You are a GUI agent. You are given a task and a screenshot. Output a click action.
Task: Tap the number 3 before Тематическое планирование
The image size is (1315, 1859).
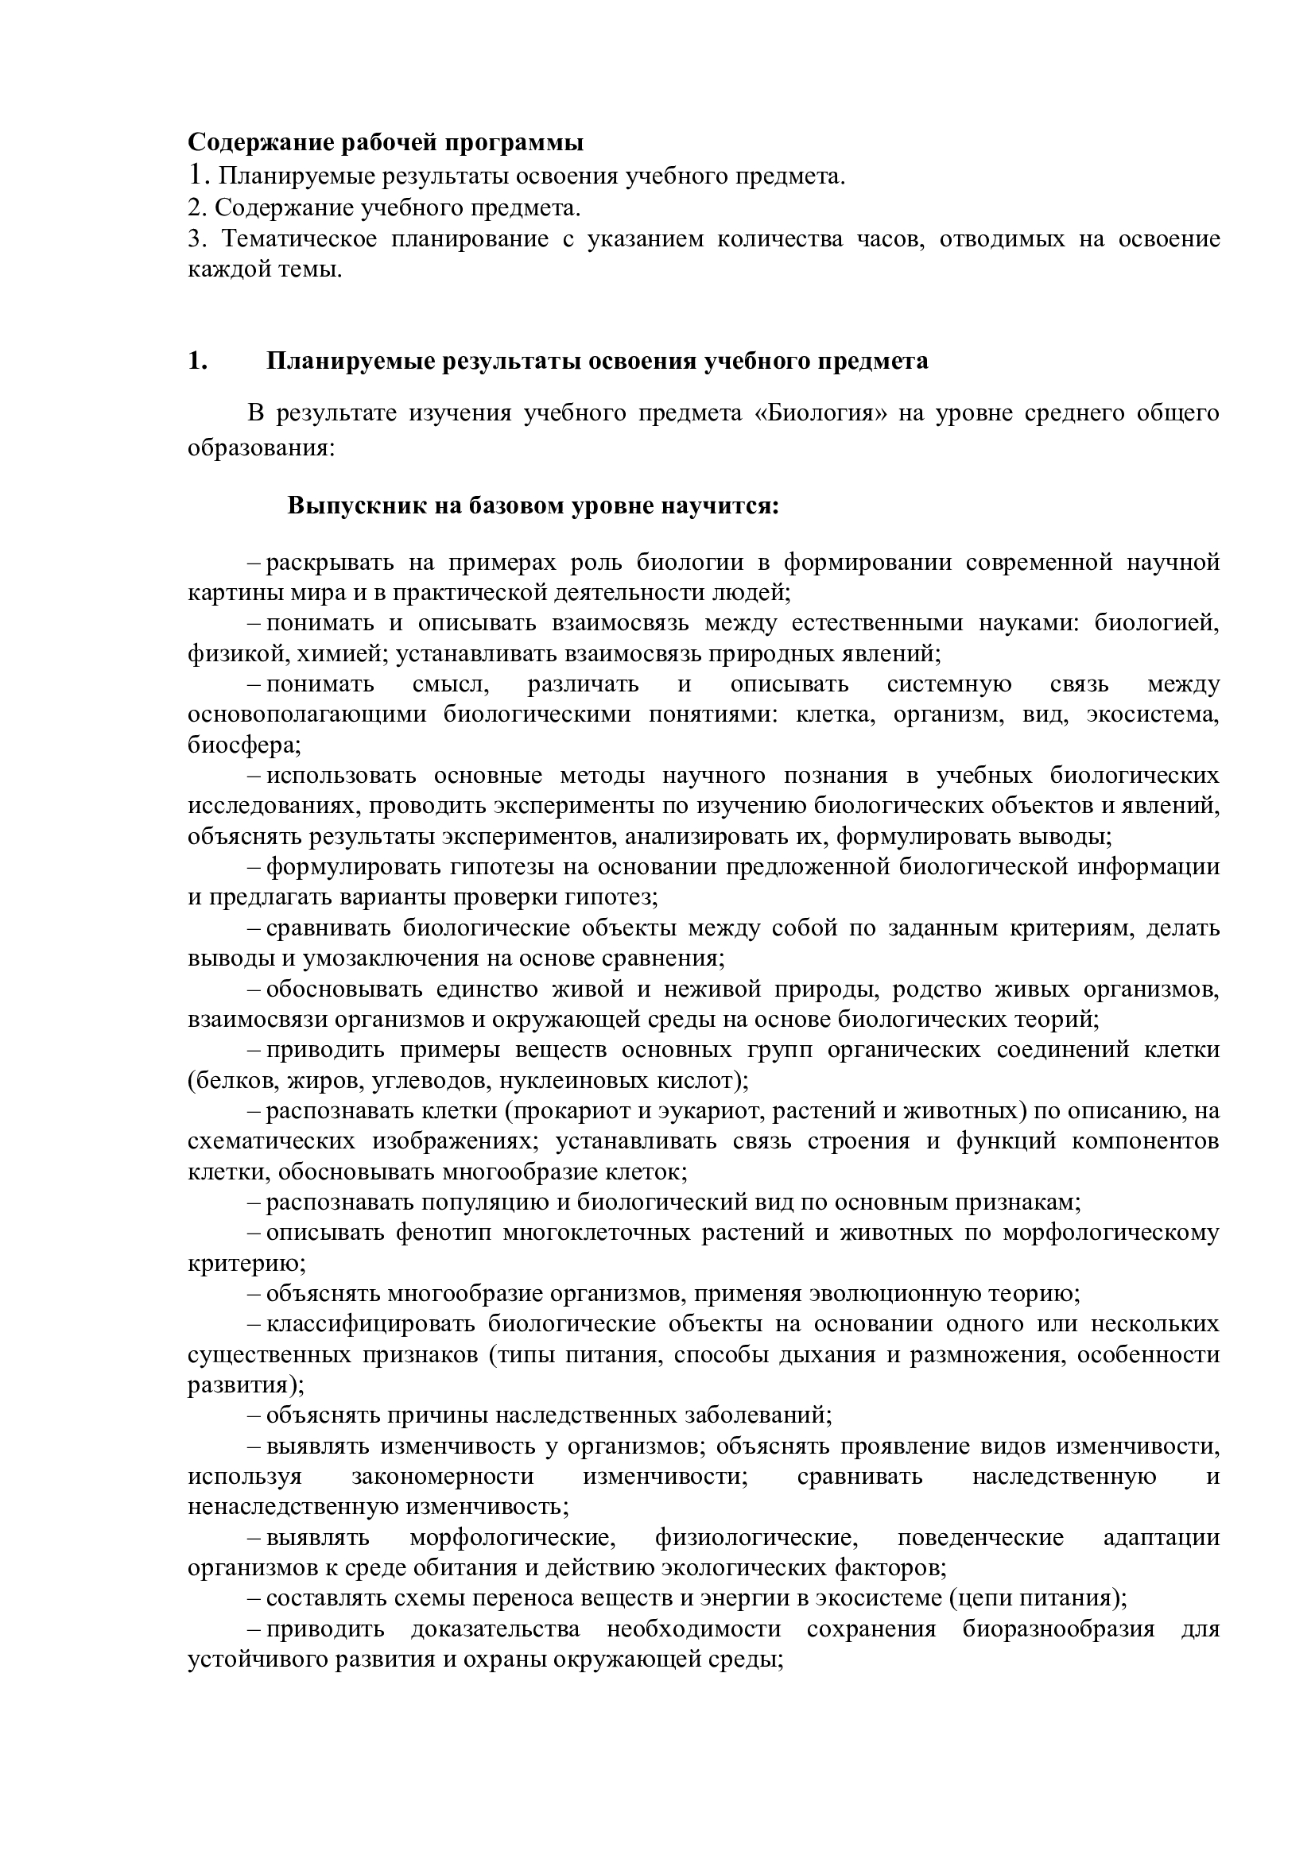(x=193, y=239)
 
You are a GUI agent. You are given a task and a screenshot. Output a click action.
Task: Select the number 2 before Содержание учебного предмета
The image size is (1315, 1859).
(x=193, y=208)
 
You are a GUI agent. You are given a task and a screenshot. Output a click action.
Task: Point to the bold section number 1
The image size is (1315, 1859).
(x=196, y=361)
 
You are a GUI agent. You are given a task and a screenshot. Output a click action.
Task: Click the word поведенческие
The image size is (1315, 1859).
(x=979, y=1538)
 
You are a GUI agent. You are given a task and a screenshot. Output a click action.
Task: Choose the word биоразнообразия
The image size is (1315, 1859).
(x=1059, y=1629)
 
